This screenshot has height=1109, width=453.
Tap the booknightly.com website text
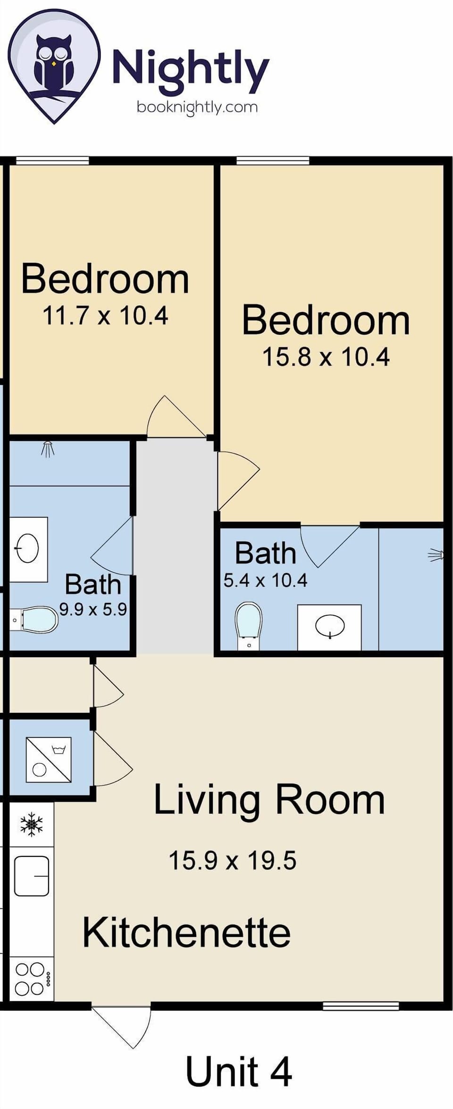click(x=197, y=107)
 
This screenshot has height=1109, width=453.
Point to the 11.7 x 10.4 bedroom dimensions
click(x=105, y=315)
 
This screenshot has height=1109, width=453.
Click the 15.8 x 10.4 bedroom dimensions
click(x=326, y=357)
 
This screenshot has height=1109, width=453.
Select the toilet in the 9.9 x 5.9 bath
click(x=36, y=619)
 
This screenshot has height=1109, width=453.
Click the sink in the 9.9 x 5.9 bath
click(x=28, y=549)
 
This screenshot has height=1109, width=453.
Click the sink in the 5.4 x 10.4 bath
click(x=329, y=626)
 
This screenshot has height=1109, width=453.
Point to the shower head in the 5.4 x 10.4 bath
click(x=436, y=555)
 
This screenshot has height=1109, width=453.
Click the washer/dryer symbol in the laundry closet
click(x=49, y=759)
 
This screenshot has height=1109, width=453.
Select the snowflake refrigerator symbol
click(x=32, y=824)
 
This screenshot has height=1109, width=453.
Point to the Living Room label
click(x=269, y=800)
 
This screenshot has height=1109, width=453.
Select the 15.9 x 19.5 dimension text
click(x=232, y=860)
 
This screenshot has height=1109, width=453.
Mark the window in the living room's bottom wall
click(x=361, y=1006)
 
